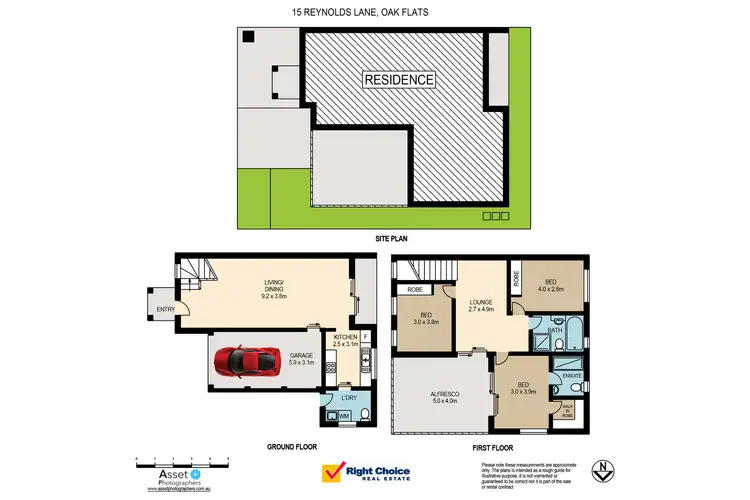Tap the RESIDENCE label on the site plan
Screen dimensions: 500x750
tap(398, 79)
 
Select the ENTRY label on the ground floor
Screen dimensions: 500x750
tap(165, 309)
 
